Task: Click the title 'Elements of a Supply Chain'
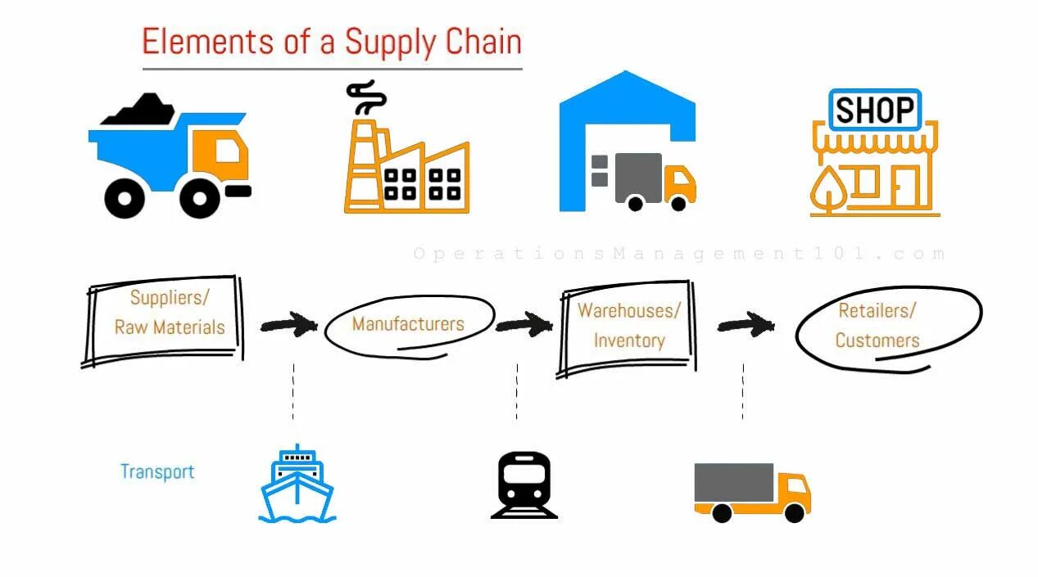[x=332, y=42]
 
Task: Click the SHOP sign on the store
[x=874, y=110]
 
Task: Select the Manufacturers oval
[x=408, y=324]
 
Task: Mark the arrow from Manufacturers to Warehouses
[x=524, y=324]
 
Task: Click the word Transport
[x=157, y=471]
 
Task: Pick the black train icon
[x=524, y=485]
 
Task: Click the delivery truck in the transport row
[x=751, y=491]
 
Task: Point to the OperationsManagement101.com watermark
[x=679, y=254]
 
